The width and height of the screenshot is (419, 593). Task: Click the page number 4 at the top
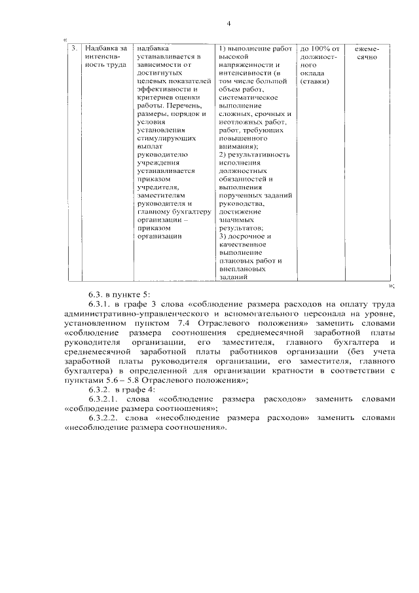[x=228, y=24]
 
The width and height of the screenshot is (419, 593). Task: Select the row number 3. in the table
[x=74, y=48]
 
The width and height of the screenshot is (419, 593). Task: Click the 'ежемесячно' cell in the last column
[x=367, y=53]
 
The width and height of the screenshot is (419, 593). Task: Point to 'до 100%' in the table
[x=319, y=48]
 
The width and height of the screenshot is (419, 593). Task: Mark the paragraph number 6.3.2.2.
[x=104, y=417]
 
